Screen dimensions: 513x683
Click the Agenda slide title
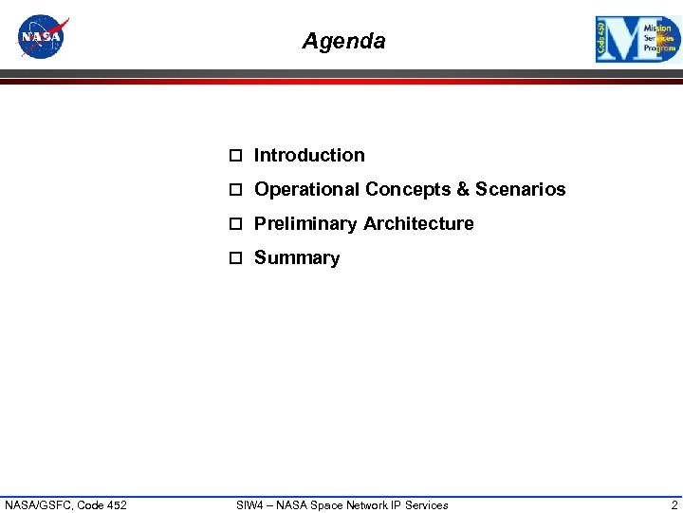[x=343, y=41]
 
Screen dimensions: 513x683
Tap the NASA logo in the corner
[x=41, y=37]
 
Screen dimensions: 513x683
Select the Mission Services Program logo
[x=637, y=39]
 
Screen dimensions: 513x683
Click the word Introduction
[x=309, y=155]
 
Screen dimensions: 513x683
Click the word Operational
[x=306, y=190]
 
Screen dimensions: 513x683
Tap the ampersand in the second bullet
[x=463, y=189]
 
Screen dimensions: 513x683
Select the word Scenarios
[x=520, y=189]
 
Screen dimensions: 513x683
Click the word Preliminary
[x=305, y=224]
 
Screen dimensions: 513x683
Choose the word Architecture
[x=418, y=224]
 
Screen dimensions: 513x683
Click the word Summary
[x=297, y=258]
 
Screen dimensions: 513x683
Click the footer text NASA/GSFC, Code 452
[x=65, y=504]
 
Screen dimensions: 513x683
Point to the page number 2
[x=674, y=504]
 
